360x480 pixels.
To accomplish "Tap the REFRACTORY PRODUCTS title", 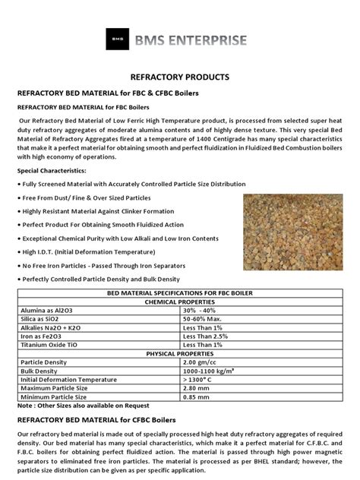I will [179, 78].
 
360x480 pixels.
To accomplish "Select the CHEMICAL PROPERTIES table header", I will [180, 302].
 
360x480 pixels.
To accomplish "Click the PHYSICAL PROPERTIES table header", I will [180, 352].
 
